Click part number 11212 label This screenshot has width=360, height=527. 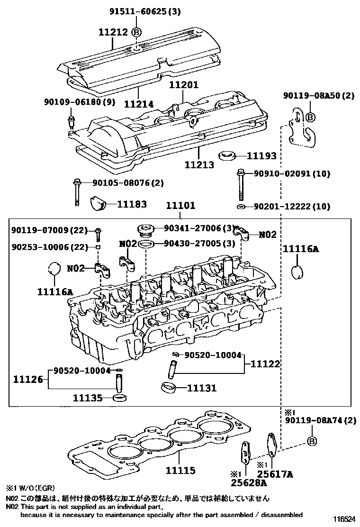click(x=113, y=32)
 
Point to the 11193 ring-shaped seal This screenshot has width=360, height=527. click(x=226, y=155)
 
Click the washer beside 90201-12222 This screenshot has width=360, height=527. click(x=241, y=207)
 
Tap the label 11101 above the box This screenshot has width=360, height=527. click(x=180, y=207)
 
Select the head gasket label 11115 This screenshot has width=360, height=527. click(x=180, y=470)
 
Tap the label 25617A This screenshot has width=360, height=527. click(x=275, y=473)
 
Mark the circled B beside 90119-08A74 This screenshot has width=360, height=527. click(x=312, y=441)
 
